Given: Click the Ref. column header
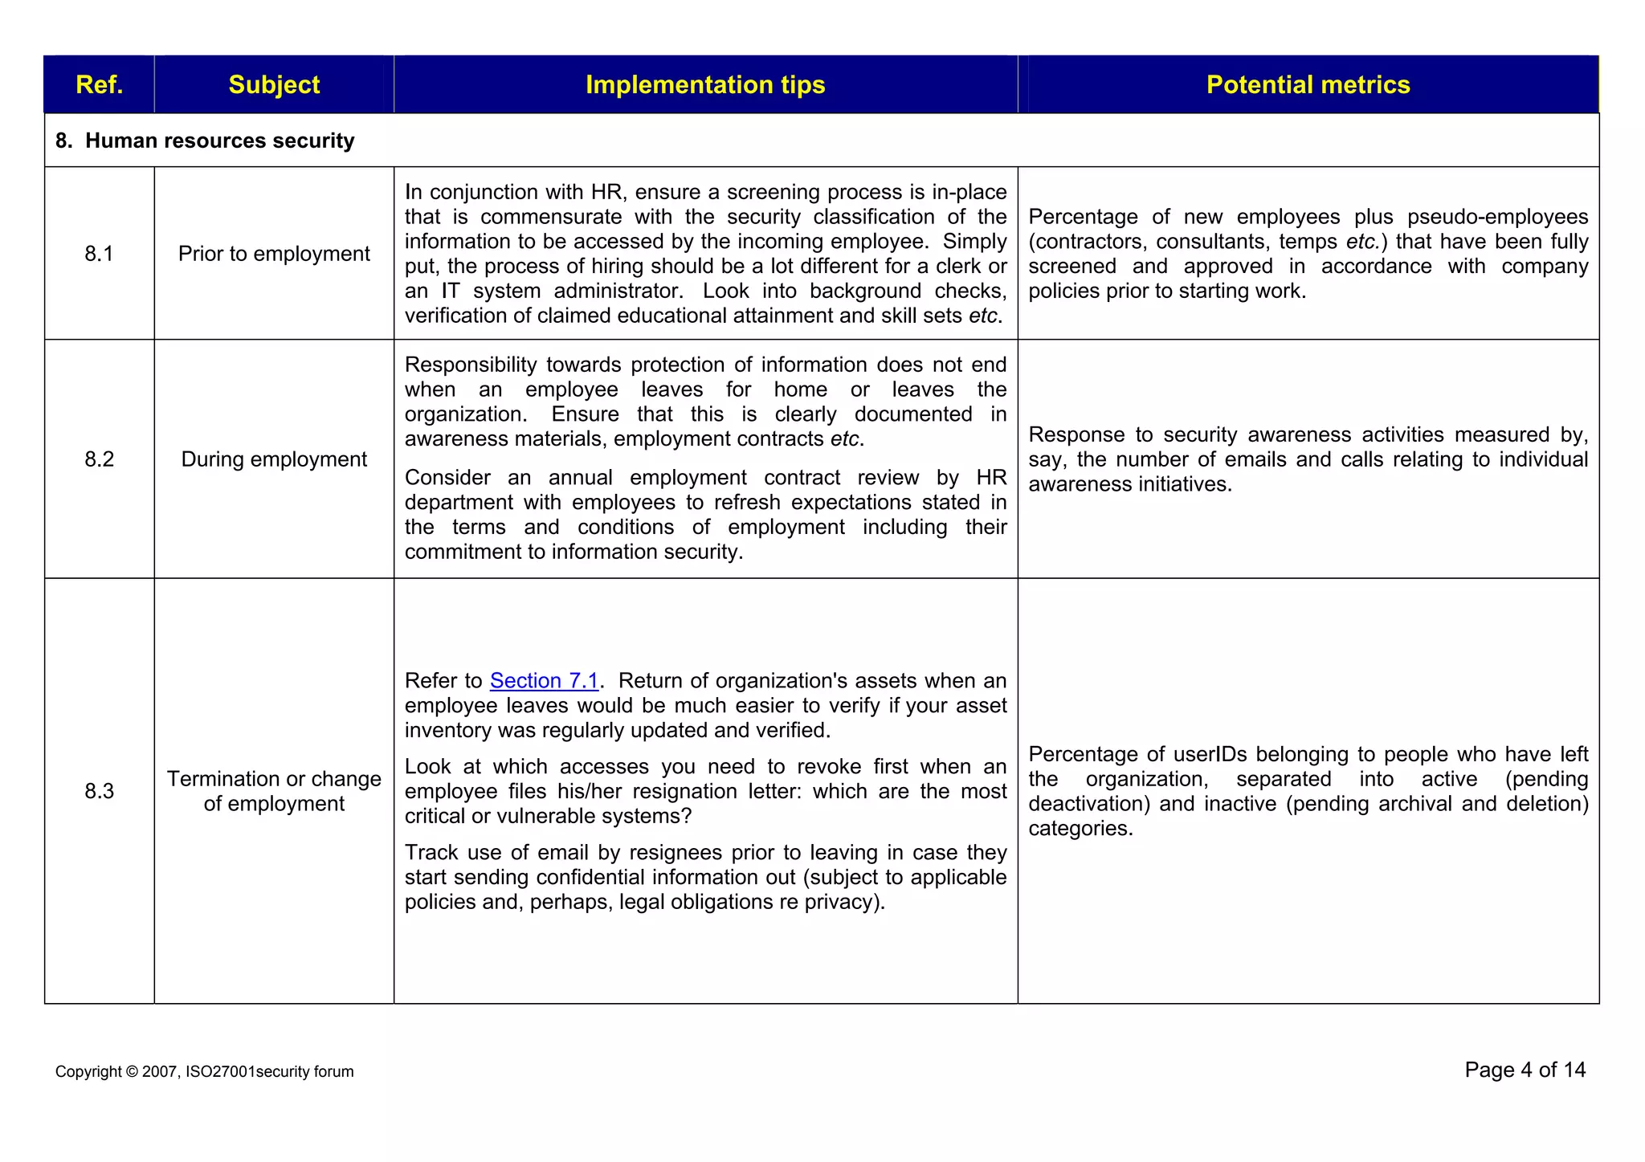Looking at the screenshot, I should pyautogui.click(x=99, y=84).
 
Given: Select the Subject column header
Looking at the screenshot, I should pyautogui.click(x=274, y=84).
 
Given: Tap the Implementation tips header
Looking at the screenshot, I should pyautogui.click(x=705, y=84).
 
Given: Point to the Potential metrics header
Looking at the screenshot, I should pyautogui.click(x=1308, y=84).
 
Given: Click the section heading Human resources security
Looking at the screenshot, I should pyautogui.click(x=219, y=141).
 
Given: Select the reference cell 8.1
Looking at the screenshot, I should pyautogui.click(x=99, y=254).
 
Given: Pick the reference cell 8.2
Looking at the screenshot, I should pyautogui.click(x=99, y=459).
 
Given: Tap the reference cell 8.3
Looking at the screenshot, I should pyautogui.click(x=99, y=791).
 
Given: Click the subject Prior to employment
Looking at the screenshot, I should pyautogui.click(x=274, y=254).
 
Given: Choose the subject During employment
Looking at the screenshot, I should pyautogui.click(x=274, y=459).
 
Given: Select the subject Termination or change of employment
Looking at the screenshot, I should pyautogui.click(x=274, y=791).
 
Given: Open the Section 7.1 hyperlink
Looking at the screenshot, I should pyautogui.click(x=544, y=681).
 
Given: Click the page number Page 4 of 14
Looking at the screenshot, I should pyautogui.click(x=1525, y=1070).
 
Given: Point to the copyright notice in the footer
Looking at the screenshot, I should pyautogui.click(x=204, y=1071).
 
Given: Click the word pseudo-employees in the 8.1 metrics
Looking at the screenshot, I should pyautogui.click(x=1497, y=217).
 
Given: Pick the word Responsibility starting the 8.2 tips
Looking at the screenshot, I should pyautogui.click(x=470, y=365).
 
